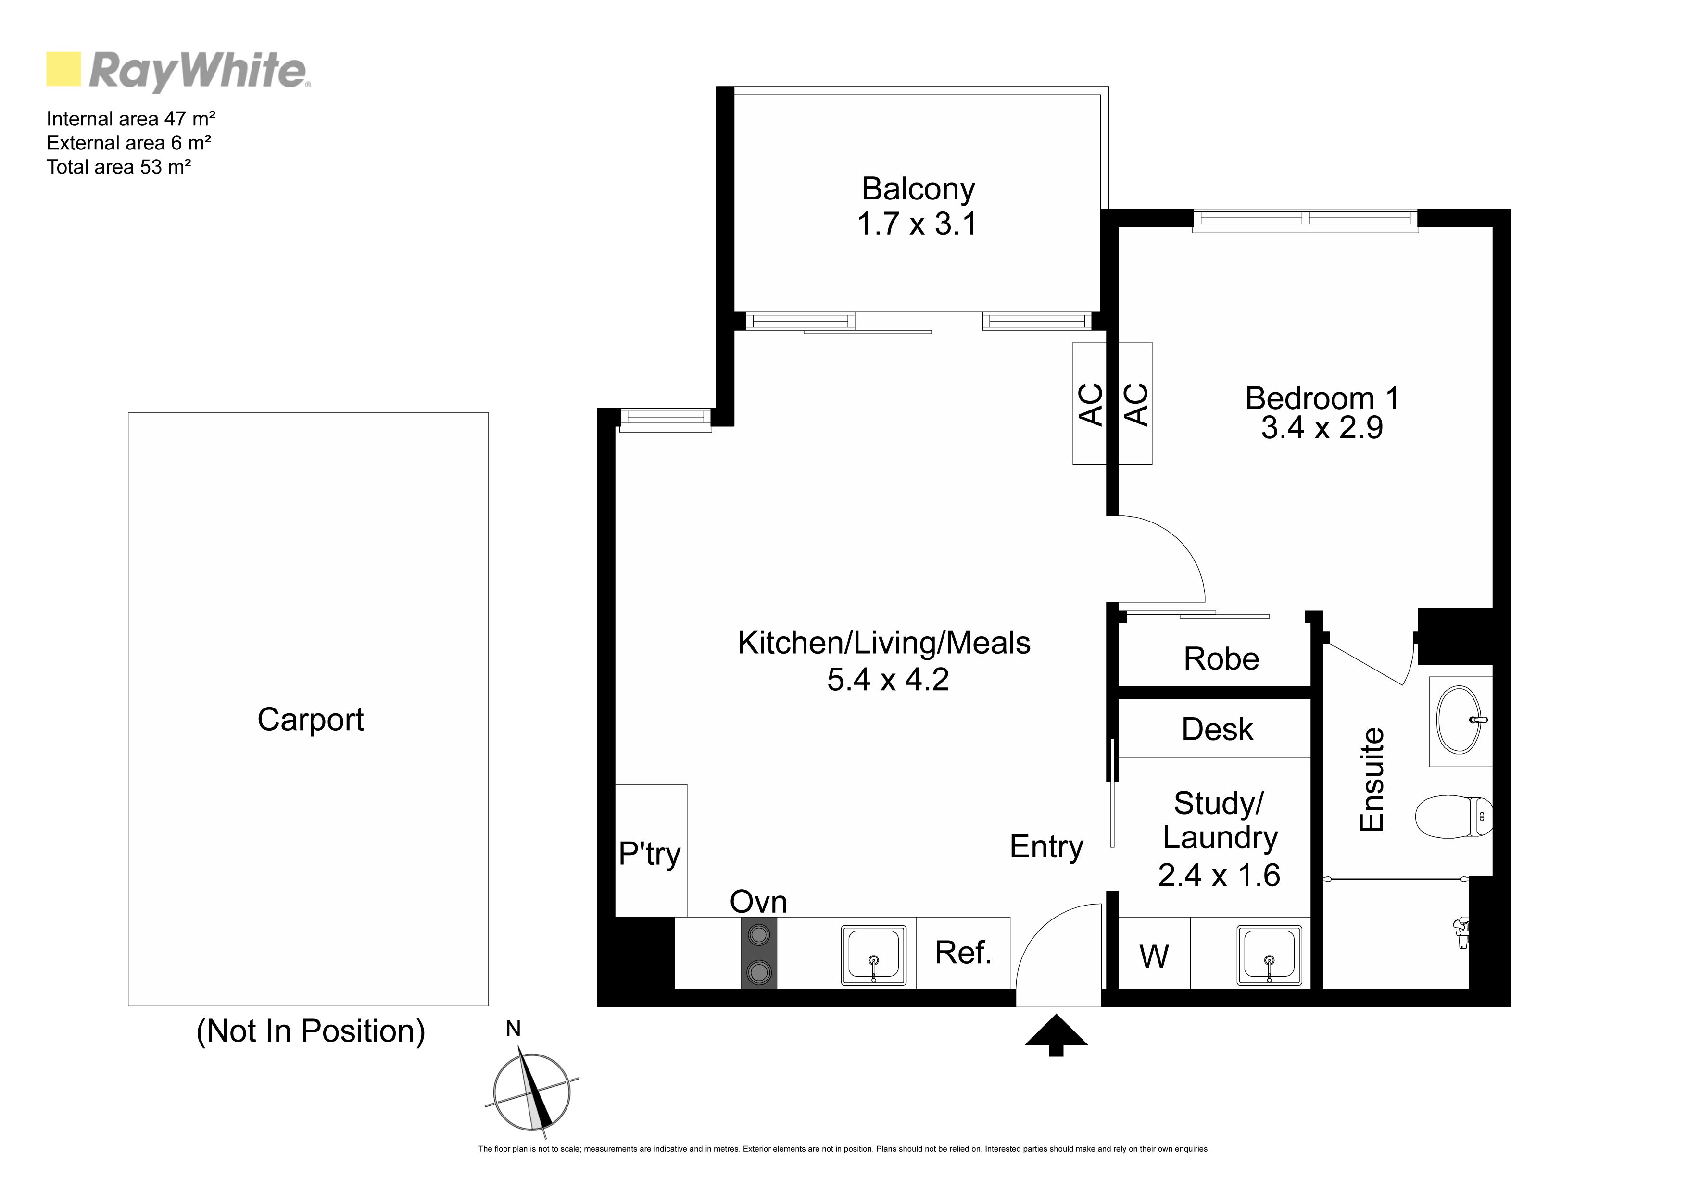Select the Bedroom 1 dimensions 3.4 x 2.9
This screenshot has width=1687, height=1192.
point(1322,427)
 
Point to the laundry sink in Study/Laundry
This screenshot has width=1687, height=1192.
point(1269,954)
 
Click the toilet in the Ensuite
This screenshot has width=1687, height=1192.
point(1453,816)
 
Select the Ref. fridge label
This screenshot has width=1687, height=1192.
point(963,953)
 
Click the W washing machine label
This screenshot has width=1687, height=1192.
point(1154,956)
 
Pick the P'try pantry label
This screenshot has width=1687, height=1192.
point(650,854)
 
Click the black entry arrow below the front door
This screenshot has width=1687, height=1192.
point(1056,1034)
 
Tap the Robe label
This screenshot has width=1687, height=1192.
point(1221,659)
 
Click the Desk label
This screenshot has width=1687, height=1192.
point(1218,729)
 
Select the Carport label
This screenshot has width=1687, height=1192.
point(310,720)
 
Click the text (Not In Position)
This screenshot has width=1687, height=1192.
point(311,1031)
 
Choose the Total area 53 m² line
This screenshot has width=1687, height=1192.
point(119,167)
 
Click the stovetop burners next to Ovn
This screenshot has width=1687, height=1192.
point(758,953)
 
